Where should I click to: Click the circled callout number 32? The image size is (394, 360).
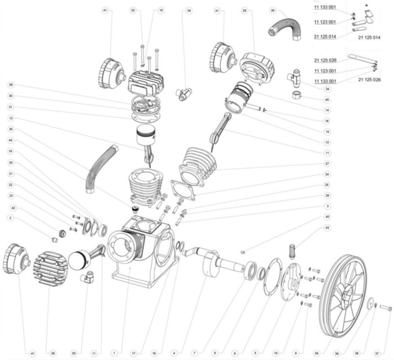click(133, 11)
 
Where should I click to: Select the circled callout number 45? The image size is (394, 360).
click(327, 100)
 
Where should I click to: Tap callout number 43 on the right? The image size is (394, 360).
click(327, 228)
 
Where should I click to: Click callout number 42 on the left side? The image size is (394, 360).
click(11, 208)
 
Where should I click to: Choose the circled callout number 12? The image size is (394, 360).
click(11, 118)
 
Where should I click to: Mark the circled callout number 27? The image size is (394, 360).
click(327, 163)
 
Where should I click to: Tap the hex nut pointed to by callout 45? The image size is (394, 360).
click(297, 94)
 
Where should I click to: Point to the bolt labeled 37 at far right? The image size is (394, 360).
click(385, 308)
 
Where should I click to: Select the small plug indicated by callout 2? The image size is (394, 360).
click(55, 239)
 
